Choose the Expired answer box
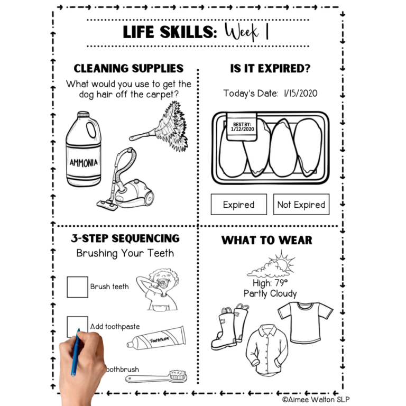pos(238,205)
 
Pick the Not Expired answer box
pos(301,205)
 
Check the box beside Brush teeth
pos(77,287)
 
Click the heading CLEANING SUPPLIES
pos(128,69)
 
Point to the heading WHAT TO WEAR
pos(266,240)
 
